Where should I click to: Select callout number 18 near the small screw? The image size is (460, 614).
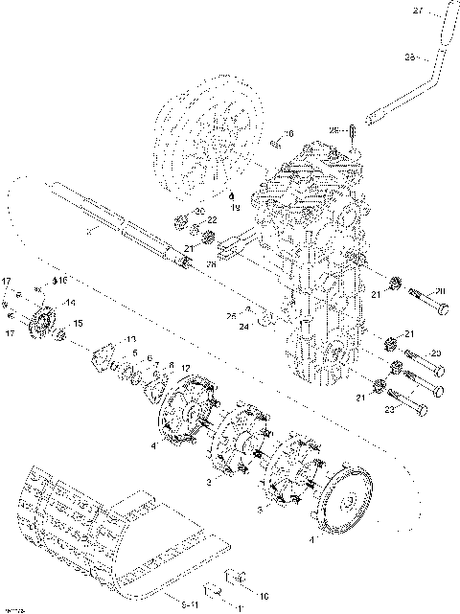(x=289, y=134)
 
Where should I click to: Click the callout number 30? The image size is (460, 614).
(x=199, y=211)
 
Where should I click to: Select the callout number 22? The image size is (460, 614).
(x=212, y=220)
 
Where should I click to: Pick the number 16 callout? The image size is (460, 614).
(x=62, y=281)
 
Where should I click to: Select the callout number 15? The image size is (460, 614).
(x=78, y=324)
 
